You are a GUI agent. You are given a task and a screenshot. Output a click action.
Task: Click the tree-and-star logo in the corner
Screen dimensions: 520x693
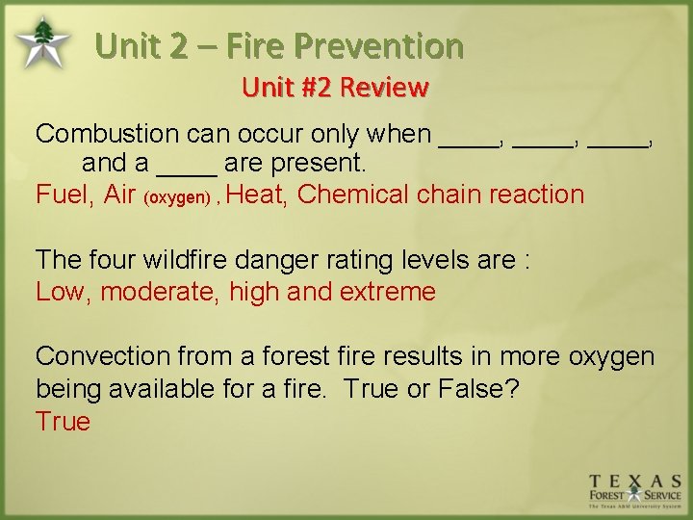(41, 41)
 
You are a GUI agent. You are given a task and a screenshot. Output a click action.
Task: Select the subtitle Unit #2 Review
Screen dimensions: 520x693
(334, 89)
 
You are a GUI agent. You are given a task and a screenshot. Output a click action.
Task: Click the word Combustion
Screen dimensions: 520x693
(107, 134)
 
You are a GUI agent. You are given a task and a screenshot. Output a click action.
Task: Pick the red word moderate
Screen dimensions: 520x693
(160, 292)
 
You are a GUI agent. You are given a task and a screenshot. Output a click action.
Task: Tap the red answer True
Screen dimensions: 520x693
(63, 422)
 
